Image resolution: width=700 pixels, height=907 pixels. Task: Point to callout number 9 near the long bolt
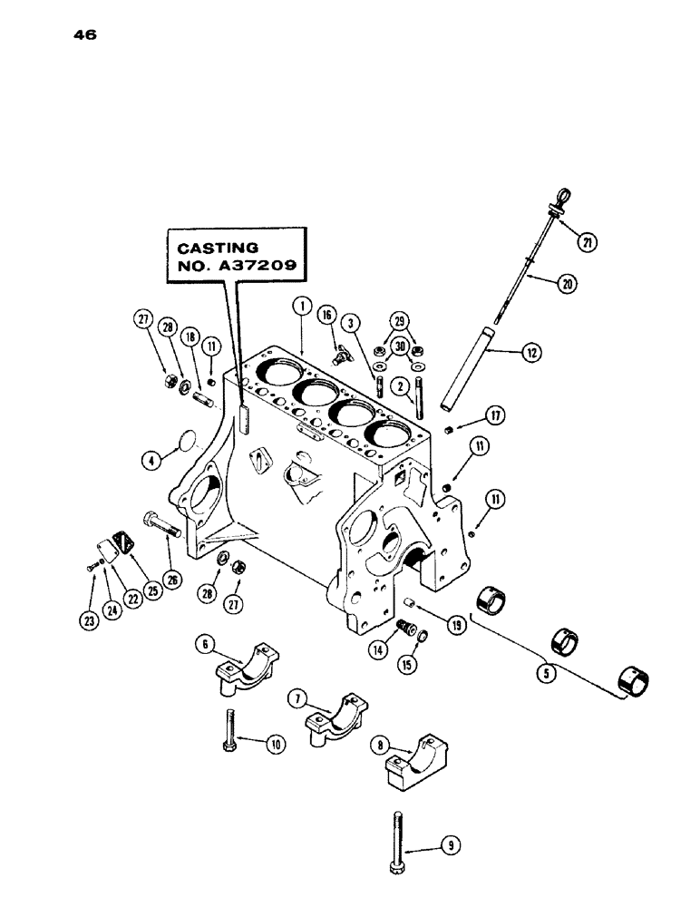[x=448, y=845]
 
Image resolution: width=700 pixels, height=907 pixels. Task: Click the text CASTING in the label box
[x=217, y=248]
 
